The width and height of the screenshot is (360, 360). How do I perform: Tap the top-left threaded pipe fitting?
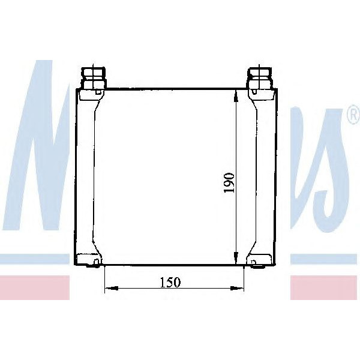(x=94, y=76)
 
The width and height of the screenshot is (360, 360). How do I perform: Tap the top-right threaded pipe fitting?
(x=259, y=76)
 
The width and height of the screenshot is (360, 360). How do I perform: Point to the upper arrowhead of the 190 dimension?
(x=238, y=95)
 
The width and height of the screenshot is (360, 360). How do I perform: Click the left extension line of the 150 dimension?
(x=104, y=279)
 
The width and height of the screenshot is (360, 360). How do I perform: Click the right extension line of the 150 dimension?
(x=244, y=279)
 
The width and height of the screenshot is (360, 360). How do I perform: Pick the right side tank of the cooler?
(x=265, y=174)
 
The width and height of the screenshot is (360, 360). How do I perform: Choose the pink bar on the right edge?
(x=325, y=289)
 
